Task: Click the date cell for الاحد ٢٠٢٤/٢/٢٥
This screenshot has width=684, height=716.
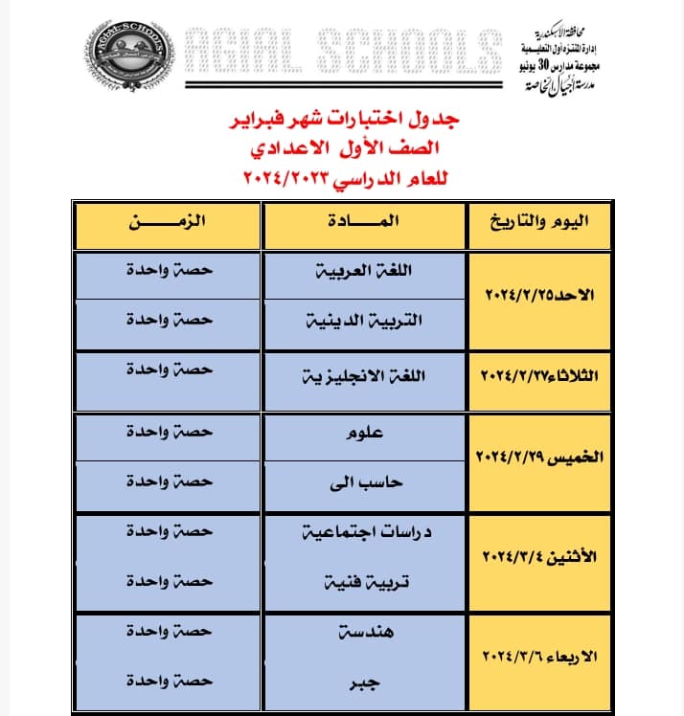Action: pyautogui.click(x=538, y=297)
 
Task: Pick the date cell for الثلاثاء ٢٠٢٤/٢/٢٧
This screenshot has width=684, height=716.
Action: pyautogui.click(x=538, y=376)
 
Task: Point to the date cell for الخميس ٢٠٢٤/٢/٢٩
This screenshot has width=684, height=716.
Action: pyautogui.click(x=538, y=458)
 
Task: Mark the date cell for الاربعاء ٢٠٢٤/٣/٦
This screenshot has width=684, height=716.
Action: pyautogui.click(x=538, y=658)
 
